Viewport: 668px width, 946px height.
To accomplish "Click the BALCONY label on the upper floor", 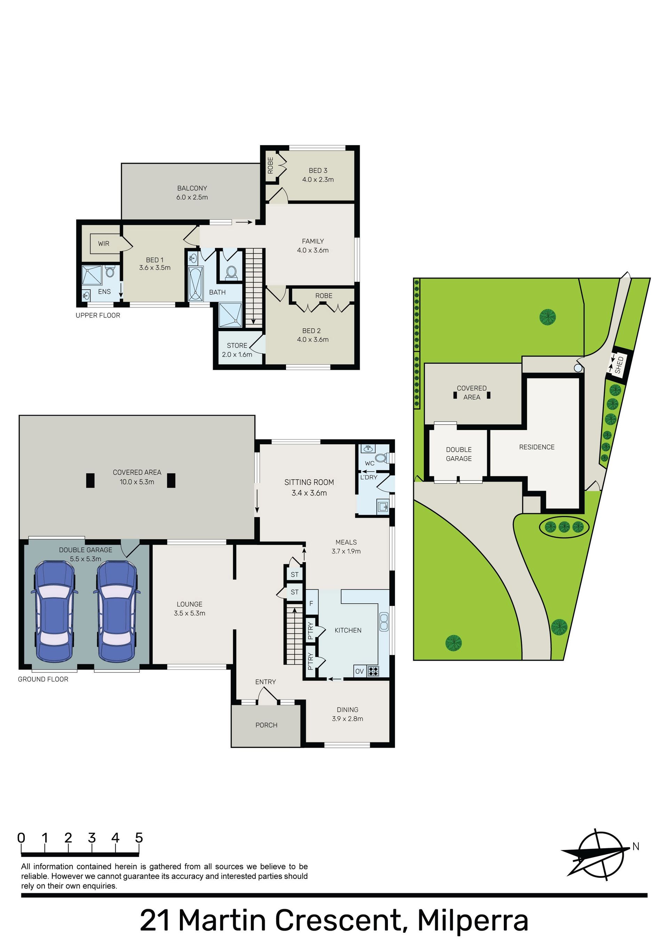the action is tap(192, 188).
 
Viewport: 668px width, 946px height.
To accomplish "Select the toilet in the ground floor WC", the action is tap(381, 458).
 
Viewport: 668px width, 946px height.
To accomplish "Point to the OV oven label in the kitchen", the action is tap(359, 672).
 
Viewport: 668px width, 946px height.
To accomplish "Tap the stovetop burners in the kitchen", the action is tap(373, 671).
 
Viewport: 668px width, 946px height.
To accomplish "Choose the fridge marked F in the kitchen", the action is tap(311, 603).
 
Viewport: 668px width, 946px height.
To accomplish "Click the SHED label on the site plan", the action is tap(619, 365).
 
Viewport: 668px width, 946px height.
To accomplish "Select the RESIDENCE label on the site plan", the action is tap(536, 447).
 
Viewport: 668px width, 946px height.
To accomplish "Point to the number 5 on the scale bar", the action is tap(139, 838).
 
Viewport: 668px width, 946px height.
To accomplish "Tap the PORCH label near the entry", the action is tap(267, 725).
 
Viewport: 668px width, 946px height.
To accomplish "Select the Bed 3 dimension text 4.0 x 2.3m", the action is tap(318, 180).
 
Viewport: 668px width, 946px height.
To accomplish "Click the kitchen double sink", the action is tap(384, 622).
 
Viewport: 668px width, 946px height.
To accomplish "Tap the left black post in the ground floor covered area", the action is tap(90, 480).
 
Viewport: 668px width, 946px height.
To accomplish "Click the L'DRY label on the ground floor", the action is tap(368, 477).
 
